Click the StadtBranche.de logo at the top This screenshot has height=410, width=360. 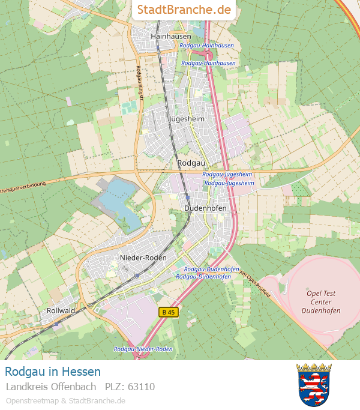point(184,10)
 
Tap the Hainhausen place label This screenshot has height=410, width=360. point(171,36)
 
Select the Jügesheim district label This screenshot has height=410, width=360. point(187,119)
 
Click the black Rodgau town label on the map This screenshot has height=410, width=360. point(191,163)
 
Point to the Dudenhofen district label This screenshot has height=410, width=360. point(205,208)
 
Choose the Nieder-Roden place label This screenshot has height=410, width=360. point(143,258)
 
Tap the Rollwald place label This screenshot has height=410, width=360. point(61,310)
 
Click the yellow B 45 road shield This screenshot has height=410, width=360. point(169,312)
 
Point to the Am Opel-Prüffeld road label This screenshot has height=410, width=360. point(255,284)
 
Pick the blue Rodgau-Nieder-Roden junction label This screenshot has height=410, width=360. point(143,349)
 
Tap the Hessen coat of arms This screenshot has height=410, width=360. point(314,384)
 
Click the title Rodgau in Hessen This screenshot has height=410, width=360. point(53,372)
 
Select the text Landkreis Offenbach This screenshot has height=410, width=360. point(51,387)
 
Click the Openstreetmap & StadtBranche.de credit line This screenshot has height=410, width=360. point(65,400)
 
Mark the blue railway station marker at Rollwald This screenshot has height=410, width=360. point(57,324)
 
